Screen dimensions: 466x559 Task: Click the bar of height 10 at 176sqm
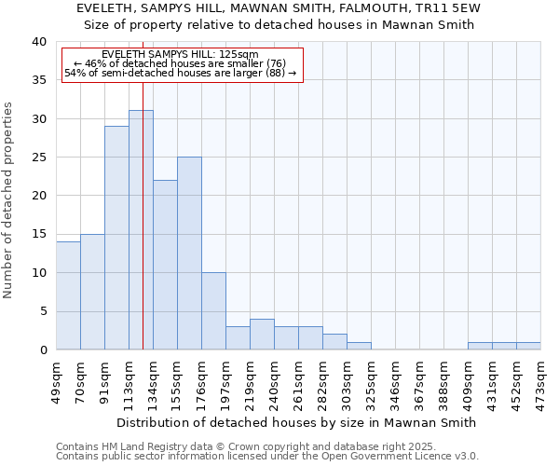pyautogui.click(x=213, y=311)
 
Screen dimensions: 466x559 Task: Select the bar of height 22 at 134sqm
pyautogui.click(x=165, y=265)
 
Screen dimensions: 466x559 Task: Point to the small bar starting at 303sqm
pyautogui.click(x=359, y=346)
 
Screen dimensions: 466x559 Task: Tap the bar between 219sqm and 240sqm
pyautogui.click(x=262, y=335)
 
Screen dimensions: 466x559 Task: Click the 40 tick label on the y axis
pyautogui.click(x=38, y=42)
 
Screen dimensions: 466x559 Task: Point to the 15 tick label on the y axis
pyautogui.click(x=38, y=234)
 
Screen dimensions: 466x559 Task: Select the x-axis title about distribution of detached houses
pyautogui.click(x=298, y=422)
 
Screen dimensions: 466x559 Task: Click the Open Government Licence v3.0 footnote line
pyautogui.click(x=267, y=457)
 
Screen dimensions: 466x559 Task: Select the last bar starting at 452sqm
pyautogui.click(x=528, y=346)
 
